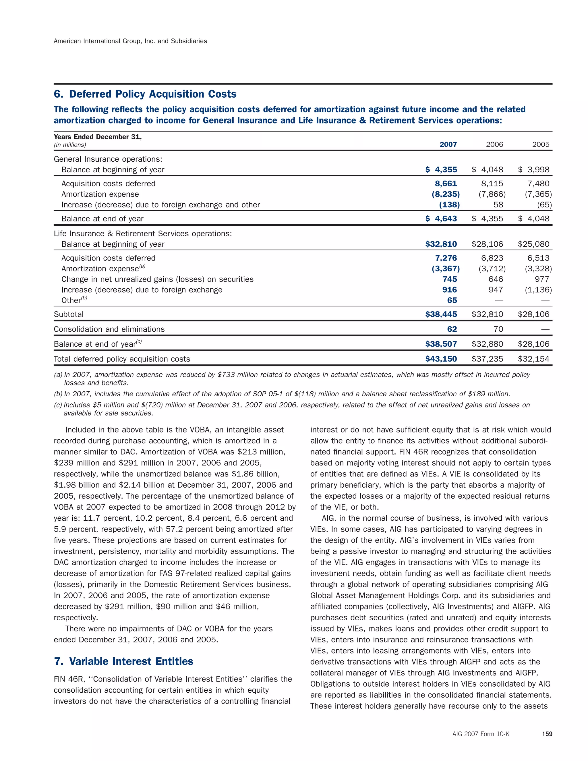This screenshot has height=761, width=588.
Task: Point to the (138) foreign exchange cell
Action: (x=449, y=205)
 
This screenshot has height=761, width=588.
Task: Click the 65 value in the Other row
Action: (x=452, y=300)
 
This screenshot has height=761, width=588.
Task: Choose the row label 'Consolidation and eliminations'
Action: (x=109, y=329)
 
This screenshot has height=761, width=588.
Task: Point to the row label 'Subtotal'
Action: (x=69, y=314)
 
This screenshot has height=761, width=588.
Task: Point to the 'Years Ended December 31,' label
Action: (x=98, y=137)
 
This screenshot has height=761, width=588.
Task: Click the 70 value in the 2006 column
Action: (x=498, y=329)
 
